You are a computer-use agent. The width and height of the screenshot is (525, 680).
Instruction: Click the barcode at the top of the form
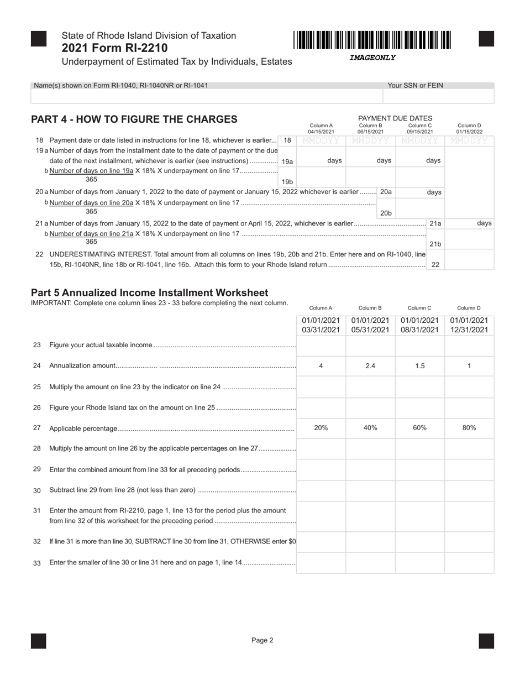click(372, 40)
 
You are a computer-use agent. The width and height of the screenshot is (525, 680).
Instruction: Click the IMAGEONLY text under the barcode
click(372, 58)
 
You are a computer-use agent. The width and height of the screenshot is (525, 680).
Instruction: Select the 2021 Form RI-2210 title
click(115, 48)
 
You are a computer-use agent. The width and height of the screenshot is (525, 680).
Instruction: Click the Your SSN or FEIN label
click(415, 86)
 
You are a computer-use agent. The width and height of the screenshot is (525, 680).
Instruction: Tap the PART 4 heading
click(134, 119)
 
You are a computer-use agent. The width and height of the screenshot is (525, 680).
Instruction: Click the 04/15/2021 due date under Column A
click(321, 132)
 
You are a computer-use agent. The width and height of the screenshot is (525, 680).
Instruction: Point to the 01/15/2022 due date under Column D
click(469, 132)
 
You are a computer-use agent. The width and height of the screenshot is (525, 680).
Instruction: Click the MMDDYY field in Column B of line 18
click(370, 141)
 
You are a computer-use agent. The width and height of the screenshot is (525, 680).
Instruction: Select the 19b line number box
click(287, 181)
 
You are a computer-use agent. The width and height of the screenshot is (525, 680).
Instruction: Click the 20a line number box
click(386, 192)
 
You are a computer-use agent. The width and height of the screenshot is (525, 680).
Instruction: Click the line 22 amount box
click(469, 259)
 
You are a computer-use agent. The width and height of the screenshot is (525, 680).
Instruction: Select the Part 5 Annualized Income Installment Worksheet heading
click(149, 293)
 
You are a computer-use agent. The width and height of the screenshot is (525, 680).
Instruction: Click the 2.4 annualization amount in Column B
click(370, 366)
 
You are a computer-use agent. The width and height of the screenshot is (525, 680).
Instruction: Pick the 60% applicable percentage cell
click(419, 428)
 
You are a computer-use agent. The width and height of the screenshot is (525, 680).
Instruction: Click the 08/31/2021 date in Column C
click(419, 330)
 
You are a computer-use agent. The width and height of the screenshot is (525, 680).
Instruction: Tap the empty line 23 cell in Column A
click(321, 346)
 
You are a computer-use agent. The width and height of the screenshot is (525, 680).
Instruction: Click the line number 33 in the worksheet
click(37, 563)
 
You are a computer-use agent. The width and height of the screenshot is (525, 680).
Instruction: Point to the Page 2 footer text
click(262, 640)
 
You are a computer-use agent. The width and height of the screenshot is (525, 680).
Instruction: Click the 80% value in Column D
click(469, 428)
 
